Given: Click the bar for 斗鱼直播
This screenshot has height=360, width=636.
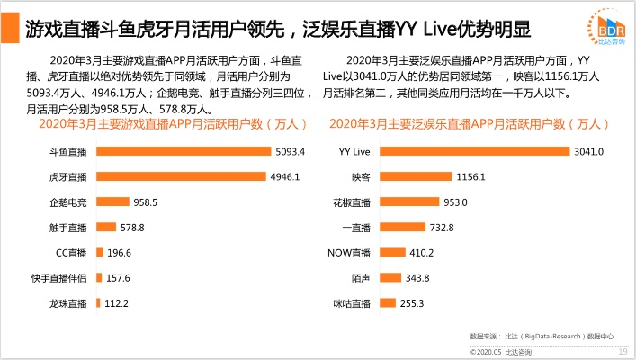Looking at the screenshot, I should [x=184, y=151].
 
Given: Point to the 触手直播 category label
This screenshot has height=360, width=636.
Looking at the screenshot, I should [x=68, y=228].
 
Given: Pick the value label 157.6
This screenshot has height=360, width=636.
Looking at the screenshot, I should [x=117, y=278].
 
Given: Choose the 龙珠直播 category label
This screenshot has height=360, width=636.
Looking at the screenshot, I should [x=68, y=303].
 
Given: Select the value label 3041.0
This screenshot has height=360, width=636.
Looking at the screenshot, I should [x=588, y=151].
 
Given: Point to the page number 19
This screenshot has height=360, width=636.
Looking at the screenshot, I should [x=622, y=352].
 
